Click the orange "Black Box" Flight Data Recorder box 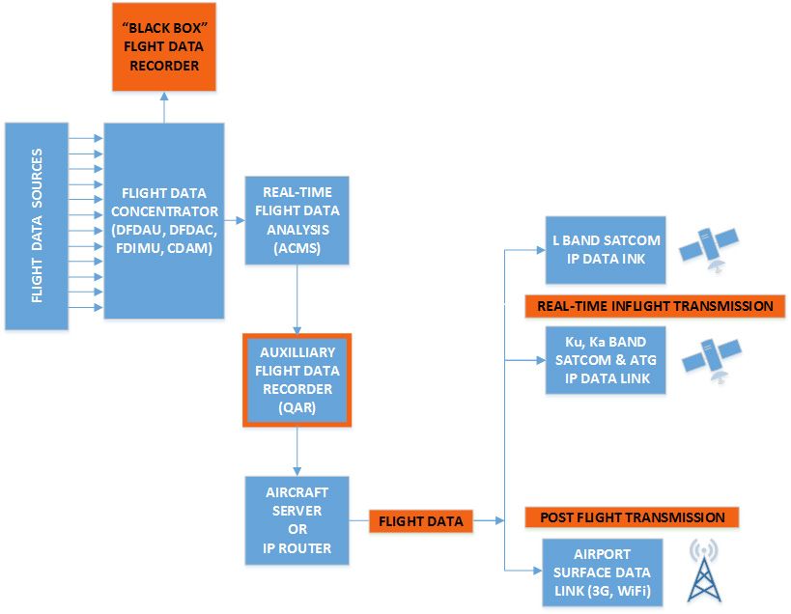(164, 47)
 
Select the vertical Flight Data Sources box (37, 226)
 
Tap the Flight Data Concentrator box (164, 221)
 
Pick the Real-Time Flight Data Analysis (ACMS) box (297, 220)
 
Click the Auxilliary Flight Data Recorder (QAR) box (297, 380)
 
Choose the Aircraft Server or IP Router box (297, 520)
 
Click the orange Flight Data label (421, 521)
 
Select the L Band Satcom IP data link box (606, 250)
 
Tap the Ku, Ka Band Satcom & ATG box (606, 360)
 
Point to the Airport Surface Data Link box (603, 572)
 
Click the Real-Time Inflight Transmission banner (655, 306)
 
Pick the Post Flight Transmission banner (632, 517)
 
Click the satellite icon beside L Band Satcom (709, 249)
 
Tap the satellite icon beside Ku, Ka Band (712, 359)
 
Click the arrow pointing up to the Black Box (164, 107)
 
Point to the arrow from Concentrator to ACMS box (235, 220)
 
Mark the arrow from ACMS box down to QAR (297, 299)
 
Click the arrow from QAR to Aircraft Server (297, 452)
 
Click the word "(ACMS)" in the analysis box (297, 248)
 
